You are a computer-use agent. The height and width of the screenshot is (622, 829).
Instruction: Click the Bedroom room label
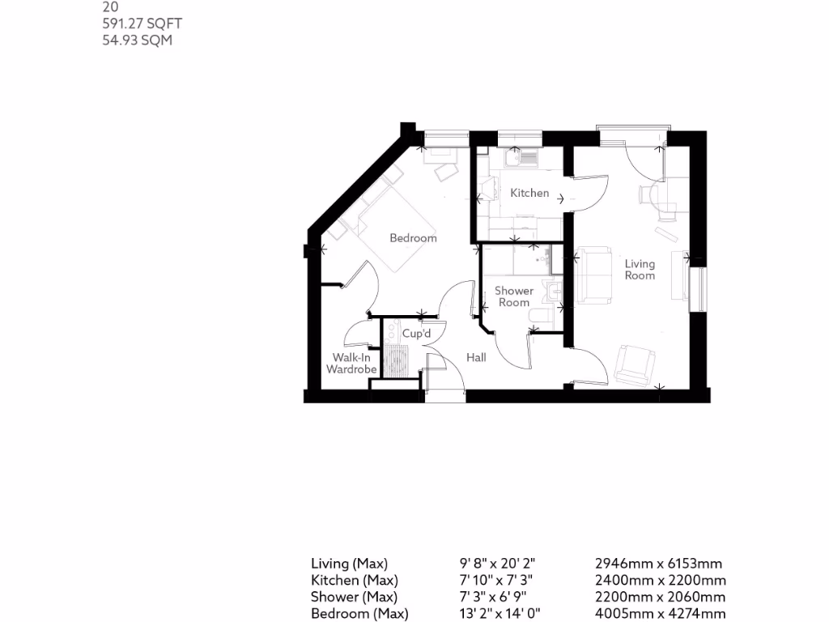click(x=413, y=238)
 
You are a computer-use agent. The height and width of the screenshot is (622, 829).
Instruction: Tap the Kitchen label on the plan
click(x=529, y=194)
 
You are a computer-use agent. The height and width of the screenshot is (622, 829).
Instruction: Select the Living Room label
click(x=640, y=270)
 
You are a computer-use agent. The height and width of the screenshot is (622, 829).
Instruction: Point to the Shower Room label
click(x=514, y=296)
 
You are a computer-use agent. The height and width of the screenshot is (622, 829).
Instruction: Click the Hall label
click(x=476, y=357)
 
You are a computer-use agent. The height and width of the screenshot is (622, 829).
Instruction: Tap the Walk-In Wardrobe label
click(x=351, y=364)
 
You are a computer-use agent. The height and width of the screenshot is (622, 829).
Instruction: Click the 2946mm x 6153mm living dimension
click(x=658, y=564)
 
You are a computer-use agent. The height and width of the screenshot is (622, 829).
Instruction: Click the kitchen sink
click(x=521, y=157)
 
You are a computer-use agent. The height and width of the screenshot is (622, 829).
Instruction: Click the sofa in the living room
click(x=596, y=276)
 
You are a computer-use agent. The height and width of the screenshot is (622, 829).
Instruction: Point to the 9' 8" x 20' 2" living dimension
click(x=497, y=564)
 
